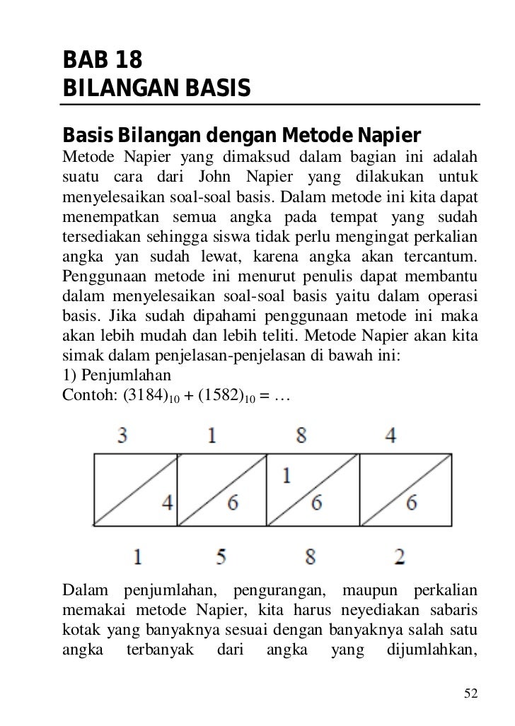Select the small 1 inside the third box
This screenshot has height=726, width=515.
(286, 475)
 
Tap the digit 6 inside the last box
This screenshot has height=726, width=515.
(411, 503)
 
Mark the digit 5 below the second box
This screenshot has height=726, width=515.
(221, 557)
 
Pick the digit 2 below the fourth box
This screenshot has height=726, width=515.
(400, 557)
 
